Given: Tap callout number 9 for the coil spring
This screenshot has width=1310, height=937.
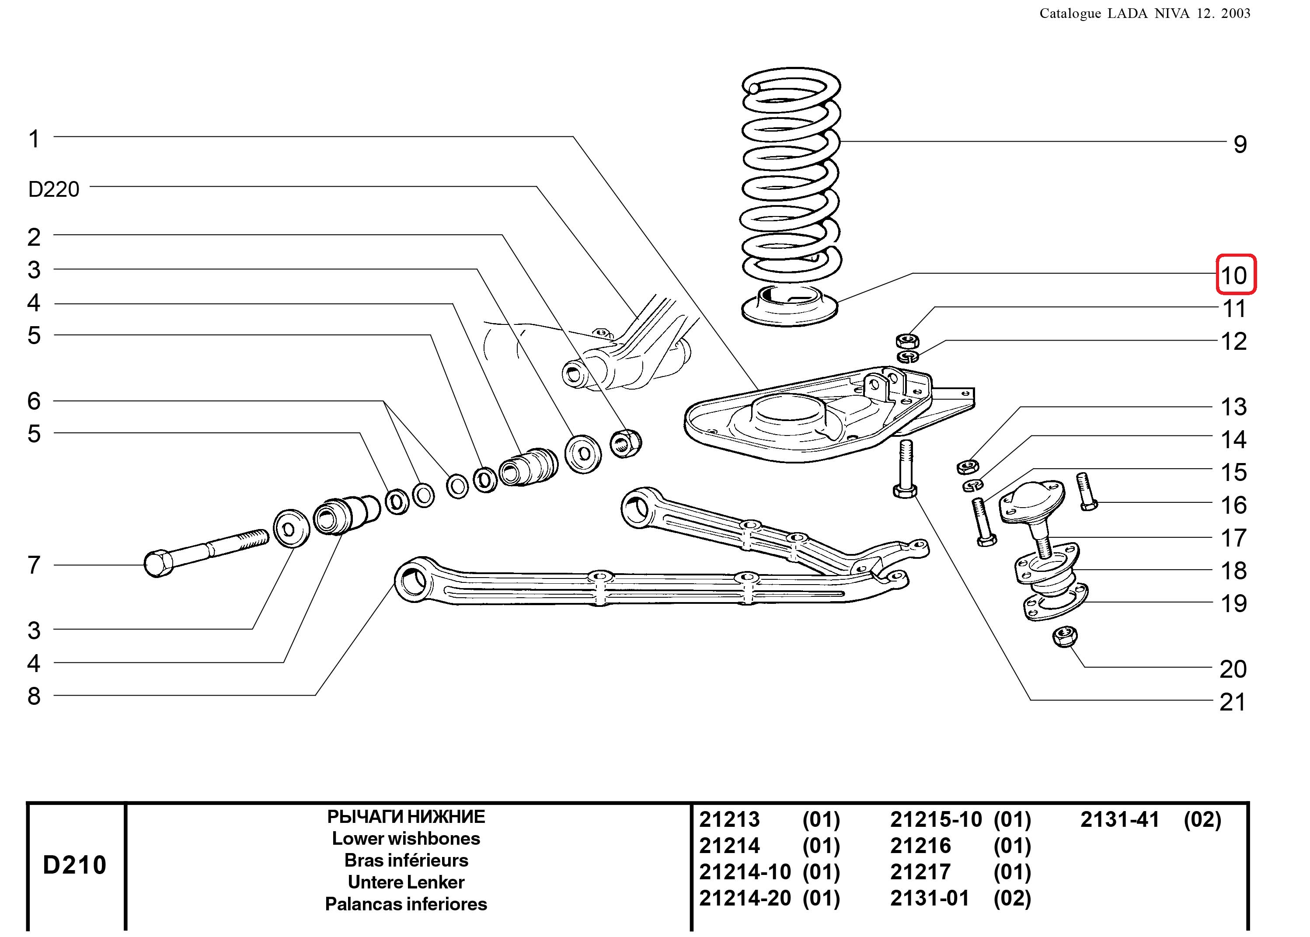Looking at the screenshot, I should tap(1240, 144).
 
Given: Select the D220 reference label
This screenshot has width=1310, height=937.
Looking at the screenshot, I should tap(54, 189).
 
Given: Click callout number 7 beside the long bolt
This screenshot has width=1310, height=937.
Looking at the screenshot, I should tap(34, 565).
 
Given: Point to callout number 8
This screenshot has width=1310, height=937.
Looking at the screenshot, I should tap(34, 696).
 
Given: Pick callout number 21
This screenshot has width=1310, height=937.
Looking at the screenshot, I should tap(1233, 702).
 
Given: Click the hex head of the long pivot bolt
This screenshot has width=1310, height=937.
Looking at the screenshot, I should tap(157, 564).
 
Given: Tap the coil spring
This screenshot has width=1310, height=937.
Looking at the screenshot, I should tap(790, 173).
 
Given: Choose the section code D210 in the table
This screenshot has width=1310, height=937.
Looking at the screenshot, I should tap(75, 865).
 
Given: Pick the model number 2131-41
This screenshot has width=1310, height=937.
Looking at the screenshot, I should tap(1120, 819).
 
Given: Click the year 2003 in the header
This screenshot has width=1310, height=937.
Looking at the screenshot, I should tap(1235, 13).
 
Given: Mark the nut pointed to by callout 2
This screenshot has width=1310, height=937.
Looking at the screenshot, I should tap(625, 443).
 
